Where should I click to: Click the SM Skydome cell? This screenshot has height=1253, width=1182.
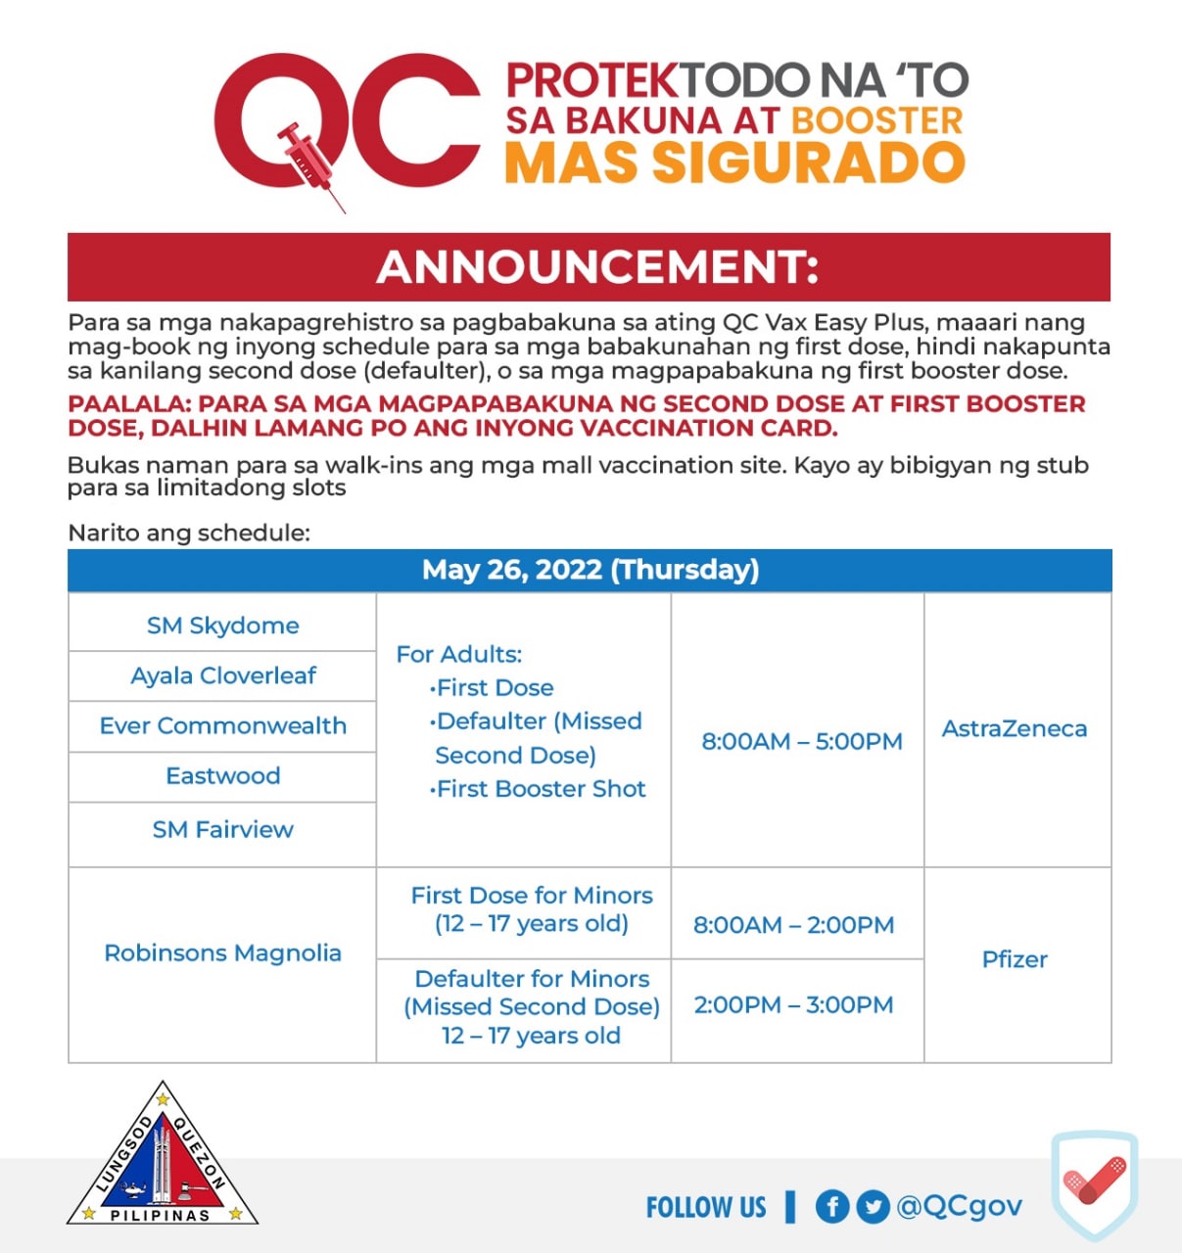click(222, 626)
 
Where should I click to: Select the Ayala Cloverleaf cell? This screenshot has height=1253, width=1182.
click(222, 675)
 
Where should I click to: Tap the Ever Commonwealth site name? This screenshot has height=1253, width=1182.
click(222, 725)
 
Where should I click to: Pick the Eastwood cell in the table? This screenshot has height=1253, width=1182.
click(222, 775)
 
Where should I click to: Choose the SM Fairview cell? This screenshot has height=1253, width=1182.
click(222, 829)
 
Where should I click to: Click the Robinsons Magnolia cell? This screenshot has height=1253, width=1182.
click(222, 952)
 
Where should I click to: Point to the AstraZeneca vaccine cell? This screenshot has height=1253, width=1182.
click(1015, 728)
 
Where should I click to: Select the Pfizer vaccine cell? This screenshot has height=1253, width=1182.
click(1015, 959)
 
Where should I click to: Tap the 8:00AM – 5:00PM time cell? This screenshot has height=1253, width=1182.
click(801, 741)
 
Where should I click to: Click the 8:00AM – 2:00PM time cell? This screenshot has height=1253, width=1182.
click(793, 925)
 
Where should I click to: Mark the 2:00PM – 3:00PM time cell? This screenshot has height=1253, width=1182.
click(793, 1005)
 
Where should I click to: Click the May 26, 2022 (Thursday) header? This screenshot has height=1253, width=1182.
click(590, 570)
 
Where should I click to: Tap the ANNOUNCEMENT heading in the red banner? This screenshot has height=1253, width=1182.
click(596, 267)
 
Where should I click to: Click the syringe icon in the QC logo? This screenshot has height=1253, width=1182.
click(308, 162)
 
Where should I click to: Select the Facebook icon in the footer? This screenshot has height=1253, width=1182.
click(831, 1206)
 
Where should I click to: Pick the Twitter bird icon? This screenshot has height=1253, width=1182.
click(873, 1206)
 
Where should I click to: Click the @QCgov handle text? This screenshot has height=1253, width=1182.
click(959, 1206)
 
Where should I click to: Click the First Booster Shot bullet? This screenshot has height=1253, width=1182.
click(540, 789)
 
